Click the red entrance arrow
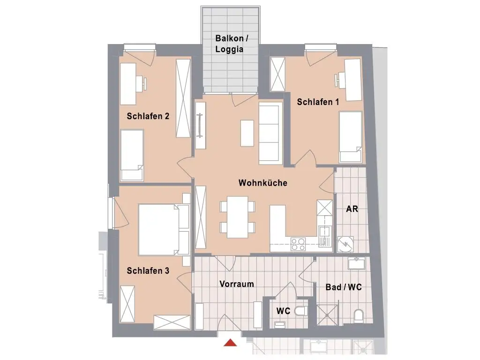pyautogui.click(x=230, y=343)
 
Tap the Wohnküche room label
pyautogui.click(x=262, y=183)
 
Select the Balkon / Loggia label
pyautogui.click(x=229, y=44)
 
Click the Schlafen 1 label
pyautogui.click(x=318, y=101)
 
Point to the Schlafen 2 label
pyautogui.click(x=148, y=116)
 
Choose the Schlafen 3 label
pyautogui.click(x=148, y=270)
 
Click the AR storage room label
pyautogui.click(x=352, y=209)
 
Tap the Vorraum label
pyautogui.click(x=237, y=284)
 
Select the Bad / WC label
pyautogui.click(x=344, y=287)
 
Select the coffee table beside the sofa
pyautogui.click(x=247, y=133)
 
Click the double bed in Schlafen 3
pyautogui.click(x=159, y=229)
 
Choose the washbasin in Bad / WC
pyautogui.click(x=359, y=263)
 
